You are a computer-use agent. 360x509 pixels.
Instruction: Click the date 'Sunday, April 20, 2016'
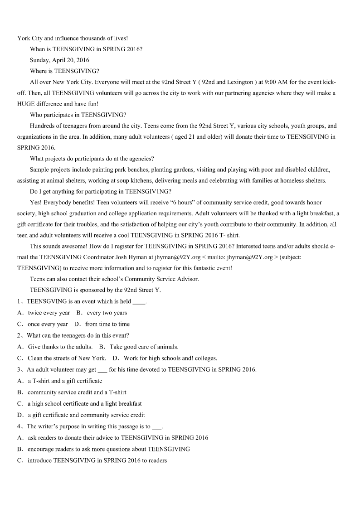coord(59,60)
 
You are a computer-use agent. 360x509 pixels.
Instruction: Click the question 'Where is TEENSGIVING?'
coord(64,71)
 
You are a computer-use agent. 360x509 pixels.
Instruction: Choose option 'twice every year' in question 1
coord(49,313)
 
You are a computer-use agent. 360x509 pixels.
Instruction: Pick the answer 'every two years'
coord(107,313)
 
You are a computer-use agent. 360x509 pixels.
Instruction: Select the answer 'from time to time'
coord(107,324)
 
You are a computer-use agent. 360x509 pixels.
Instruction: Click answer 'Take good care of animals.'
coord(144,347)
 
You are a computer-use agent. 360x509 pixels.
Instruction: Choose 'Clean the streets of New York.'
coord(67,358)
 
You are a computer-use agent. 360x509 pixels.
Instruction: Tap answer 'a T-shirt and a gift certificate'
coord(65,381)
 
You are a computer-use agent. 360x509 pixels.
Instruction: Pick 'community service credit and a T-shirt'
coord(77,392)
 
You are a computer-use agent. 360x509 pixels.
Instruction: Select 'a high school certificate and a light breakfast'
coord(85,403)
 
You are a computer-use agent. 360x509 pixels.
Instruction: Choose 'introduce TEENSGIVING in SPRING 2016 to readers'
coord(97,461)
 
